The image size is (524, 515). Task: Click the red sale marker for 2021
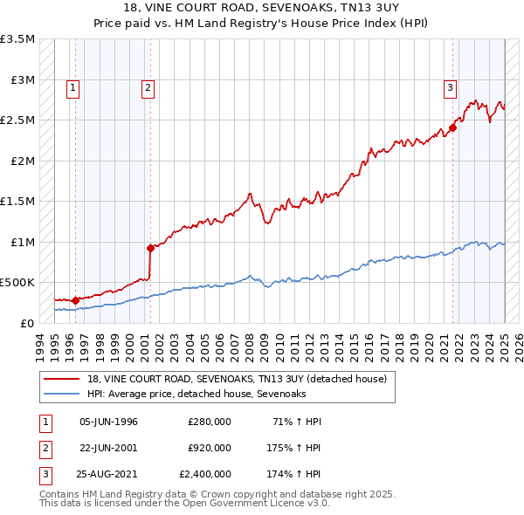pyautogui.click(x=453, y=127)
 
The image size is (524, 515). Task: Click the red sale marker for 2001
pyautogui.click(x=150, y=248)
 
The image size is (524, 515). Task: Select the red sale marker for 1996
pyautogui.click(x=75, y=300)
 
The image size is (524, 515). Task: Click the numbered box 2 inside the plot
pyautogui.click(x=148, y=86)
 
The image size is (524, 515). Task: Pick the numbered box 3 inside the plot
pyautogui.click(x=450, y=86)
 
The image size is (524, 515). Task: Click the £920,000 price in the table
pyautogui.click(x=210, y=448)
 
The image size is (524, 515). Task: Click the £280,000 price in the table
pyautogui.click(x=210, y=422)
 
